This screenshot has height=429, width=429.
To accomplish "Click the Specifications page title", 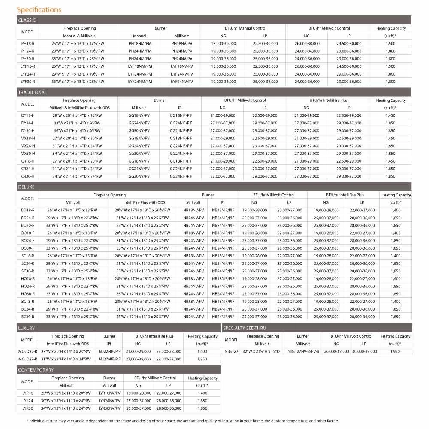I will [39, 9].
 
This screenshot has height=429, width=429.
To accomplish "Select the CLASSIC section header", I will [27, 20].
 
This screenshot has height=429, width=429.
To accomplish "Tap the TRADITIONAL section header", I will [33, 92].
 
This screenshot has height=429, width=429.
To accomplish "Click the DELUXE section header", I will [26, 187].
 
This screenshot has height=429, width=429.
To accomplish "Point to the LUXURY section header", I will [27, 328].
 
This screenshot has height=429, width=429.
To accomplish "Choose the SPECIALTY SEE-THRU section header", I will [245, 328].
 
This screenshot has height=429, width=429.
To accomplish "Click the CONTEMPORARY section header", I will [36, 370].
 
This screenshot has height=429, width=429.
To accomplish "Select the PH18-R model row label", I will [27, 43].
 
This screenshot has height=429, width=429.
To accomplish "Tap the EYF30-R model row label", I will [27, 81].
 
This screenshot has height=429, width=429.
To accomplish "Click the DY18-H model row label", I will [27, 115].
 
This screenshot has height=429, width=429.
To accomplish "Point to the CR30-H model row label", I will [27, 176].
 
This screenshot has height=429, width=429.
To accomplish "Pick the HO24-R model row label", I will [27, 286].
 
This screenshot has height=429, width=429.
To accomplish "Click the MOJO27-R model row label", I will [27, 359].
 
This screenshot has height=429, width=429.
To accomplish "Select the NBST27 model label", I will [231, 351].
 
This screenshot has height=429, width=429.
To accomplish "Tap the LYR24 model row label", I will [27, 401].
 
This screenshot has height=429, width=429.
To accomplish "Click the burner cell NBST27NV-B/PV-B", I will [302, 351].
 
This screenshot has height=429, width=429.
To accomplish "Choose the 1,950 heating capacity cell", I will [395, 351].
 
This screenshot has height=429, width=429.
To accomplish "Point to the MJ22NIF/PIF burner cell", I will [109, 351].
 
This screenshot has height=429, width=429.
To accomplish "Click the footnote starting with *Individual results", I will [183, 421].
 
